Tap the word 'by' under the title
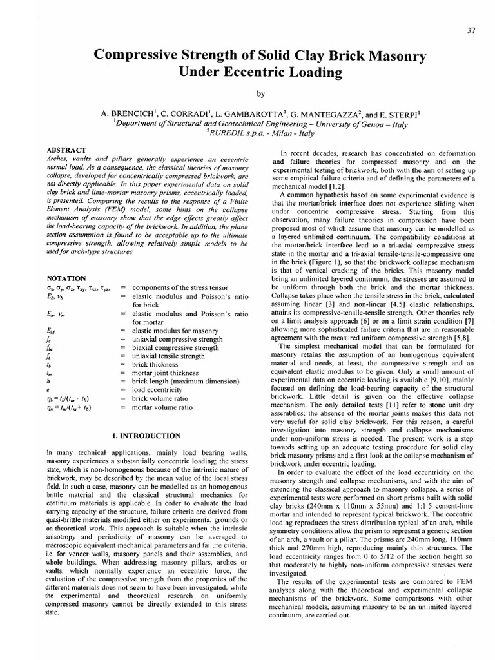pyautogui.click(x=260, y=94)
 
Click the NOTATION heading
pyautogui.click(x=67, y=278)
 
